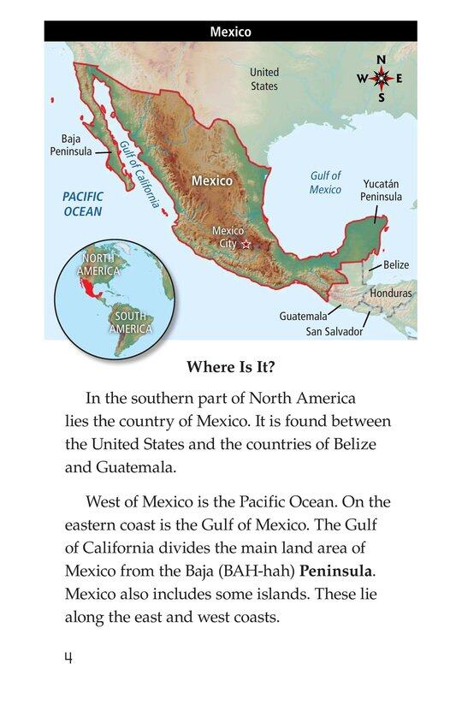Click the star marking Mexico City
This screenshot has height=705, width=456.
click(x=247, y=245)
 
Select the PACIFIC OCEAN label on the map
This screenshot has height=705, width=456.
click(x=82, y=204)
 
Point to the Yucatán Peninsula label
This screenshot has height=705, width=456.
click(x=381, y=190)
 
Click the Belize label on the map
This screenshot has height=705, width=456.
click(x=395, y=264)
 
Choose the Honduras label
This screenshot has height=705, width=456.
click(x=390, y=293)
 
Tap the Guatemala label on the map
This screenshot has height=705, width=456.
click(x=303, y=316)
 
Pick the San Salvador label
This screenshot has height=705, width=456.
click(x=335, y=331)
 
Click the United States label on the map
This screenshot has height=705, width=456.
click(x=264, y=80)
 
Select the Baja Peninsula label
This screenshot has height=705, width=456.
click(x=71, y=145)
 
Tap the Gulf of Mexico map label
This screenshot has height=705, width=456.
click(x=325, y=182)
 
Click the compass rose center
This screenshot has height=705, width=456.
click(x=382, y=79)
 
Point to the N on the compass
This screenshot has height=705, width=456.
click(x=382, y=59)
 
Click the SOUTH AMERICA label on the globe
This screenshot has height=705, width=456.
click(x=132, y=322)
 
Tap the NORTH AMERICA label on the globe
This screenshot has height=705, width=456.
click(x=98, y=264)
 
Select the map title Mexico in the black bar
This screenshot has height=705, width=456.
click(x=230, y=33)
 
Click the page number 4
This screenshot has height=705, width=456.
click(x=68, y=656)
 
